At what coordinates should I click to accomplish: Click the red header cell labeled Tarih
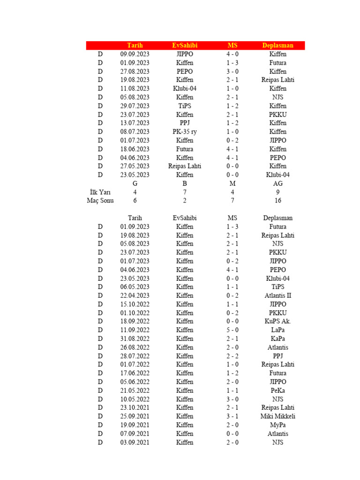135,45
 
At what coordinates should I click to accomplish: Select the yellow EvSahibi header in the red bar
185,45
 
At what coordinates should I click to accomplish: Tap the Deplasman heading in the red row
278,45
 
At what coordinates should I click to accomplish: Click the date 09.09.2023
135,54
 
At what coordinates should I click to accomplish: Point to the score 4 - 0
232,54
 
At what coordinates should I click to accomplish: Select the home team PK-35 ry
185,132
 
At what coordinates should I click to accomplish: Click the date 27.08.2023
135,71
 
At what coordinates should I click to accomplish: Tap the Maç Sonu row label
100,201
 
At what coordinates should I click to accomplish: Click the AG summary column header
278,183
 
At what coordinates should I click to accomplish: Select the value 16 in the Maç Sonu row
278,201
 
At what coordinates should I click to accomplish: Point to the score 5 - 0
232,330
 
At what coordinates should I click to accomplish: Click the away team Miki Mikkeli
278,416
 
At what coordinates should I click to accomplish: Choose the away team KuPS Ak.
278,322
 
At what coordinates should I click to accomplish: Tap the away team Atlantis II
278,296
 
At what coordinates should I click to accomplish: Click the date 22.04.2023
135,296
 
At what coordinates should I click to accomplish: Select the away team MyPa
278,425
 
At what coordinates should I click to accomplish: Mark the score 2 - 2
232,356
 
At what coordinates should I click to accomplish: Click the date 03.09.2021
135,442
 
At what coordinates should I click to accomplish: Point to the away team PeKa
278,390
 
